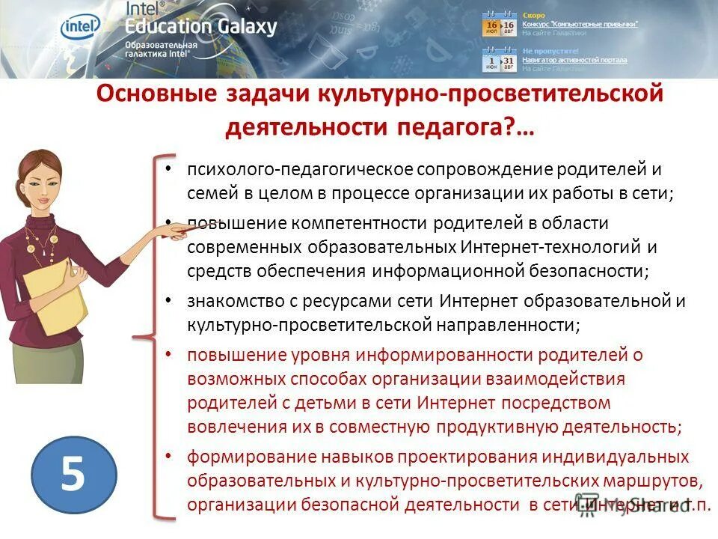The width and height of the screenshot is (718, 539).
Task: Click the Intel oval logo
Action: tap(80, 26)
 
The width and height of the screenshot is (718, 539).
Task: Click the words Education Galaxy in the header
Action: tap(202, 27)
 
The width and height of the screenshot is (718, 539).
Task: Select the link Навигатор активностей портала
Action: tap(574, 59)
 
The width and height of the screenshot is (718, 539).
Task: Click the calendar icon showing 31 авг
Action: tap(509, 61)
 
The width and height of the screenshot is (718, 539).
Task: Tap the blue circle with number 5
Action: tap(73, 475)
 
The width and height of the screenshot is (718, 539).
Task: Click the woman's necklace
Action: tap(41, 243)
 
